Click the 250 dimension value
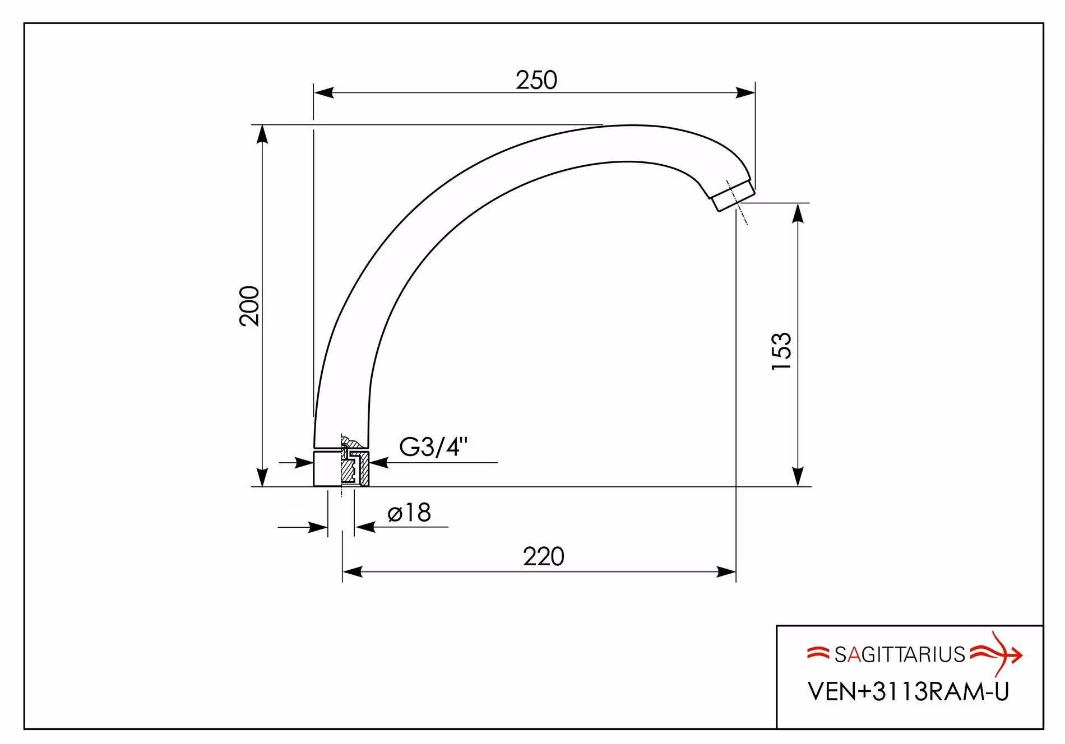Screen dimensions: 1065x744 point(536,81)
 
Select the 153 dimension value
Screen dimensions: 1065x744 point(781,351)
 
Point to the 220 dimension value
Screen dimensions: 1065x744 point(544,557)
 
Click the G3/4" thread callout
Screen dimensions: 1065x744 point(433,447)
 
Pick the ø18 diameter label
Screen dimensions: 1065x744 point(409,513)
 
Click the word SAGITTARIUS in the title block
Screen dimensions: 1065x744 point(900,655)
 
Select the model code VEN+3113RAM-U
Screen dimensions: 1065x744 point(908,692)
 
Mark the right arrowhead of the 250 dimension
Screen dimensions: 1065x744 point(745,93)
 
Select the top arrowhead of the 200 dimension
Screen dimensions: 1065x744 point(262,134)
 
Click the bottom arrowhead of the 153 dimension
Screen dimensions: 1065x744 point(798,476)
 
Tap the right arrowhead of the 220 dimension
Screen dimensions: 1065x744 point(726,572)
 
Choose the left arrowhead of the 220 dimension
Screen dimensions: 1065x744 point(353,572)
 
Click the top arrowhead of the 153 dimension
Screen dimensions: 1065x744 point(798,213)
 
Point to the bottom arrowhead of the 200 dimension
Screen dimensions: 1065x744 point(262,477)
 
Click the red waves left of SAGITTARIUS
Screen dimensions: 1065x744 point(818,653)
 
